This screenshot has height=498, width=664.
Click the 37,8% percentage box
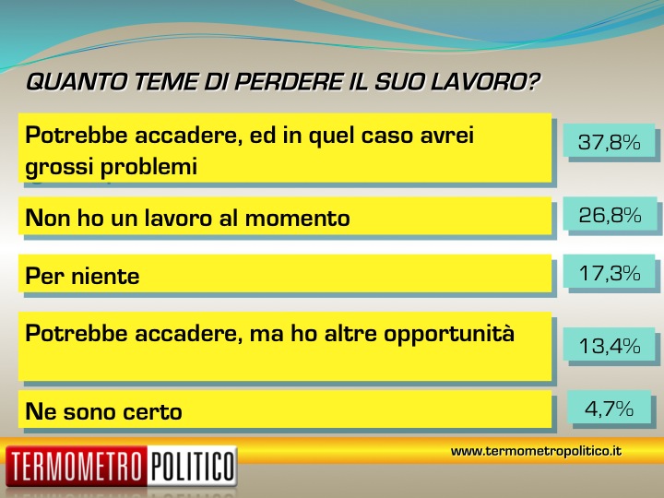coord(609,142)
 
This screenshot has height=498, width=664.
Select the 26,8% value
coord(610,215)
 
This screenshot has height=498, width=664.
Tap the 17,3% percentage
coord(610,273)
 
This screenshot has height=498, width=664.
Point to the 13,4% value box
coord(610,346)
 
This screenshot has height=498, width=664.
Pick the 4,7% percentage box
coord(609,409)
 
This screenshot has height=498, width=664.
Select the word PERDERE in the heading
coord(288,82)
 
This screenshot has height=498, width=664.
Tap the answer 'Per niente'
coord(83,276)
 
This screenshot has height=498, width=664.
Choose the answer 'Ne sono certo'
coord(103,411)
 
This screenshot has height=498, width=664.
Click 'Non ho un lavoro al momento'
coord(187,218)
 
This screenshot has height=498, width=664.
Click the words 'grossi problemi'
coord(112,167)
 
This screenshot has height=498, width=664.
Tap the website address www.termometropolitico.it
coord(536,451)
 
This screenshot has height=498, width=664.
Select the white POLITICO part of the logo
coord(192,467)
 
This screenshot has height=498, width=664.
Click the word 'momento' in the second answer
coord(297,219)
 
